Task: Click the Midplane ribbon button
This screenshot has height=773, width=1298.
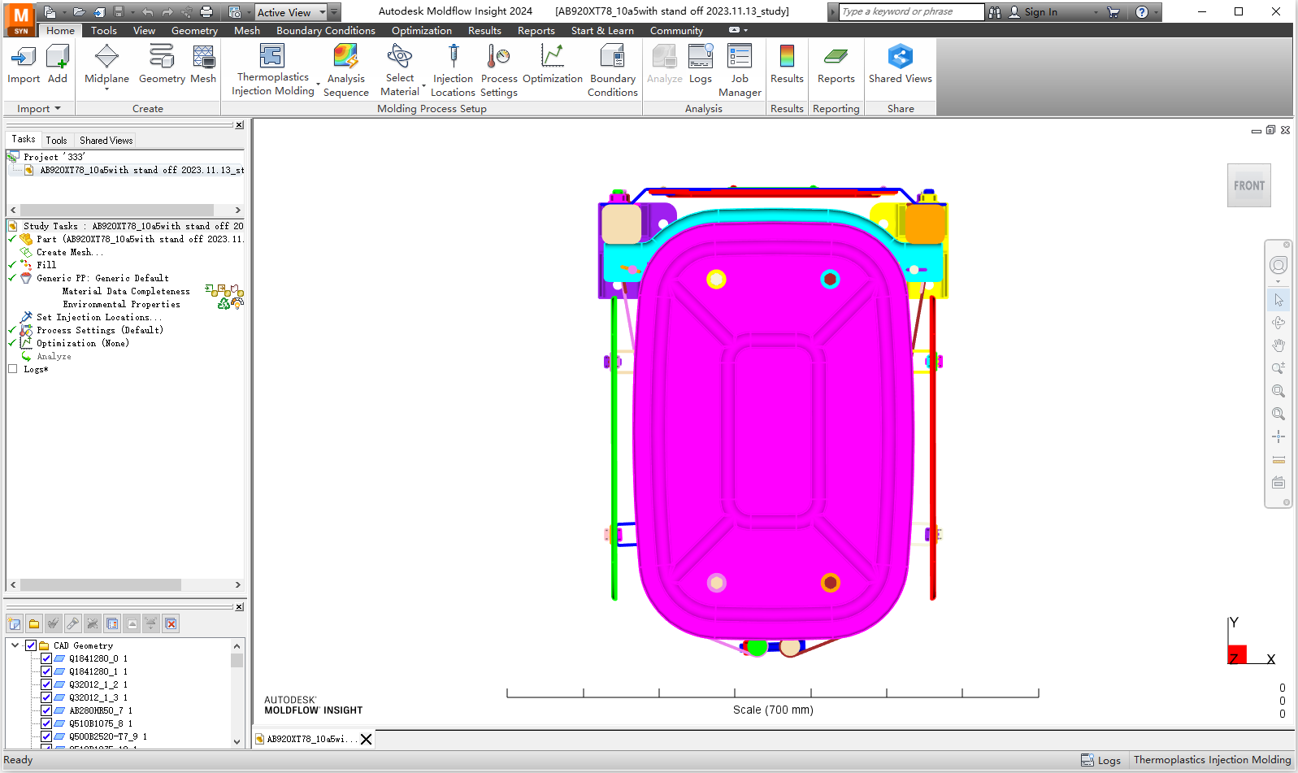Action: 106,65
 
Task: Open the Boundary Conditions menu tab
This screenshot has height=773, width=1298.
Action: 325,31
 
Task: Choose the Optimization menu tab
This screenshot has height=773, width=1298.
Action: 421,31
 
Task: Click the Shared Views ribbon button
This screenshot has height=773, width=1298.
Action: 900,65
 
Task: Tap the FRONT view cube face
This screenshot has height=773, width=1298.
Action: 1248,185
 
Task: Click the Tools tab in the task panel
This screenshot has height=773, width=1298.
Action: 56,141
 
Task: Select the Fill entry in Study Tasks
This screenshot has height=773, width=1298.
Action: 46,265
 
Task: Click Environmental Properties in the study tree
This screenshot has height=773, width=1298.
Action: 122,305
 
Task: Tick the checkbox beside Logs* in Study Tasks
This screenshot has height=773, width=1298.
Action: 12,369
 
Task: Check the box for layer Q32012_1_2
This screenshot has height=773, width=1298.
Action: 46,684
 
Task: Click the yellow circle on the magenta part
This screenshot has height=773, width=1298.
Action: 716,280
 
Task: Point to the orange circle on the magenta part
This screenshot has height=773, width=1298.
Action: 830,583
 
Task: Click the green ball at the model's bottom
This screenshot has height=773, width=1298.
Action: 757,647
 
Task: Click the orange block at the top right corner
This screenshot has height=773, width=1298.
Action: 925,223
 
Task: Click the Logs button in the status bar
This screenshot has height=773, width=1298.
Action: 1100,761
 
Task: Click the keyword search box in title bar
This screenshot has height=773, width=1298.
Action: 911,11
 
